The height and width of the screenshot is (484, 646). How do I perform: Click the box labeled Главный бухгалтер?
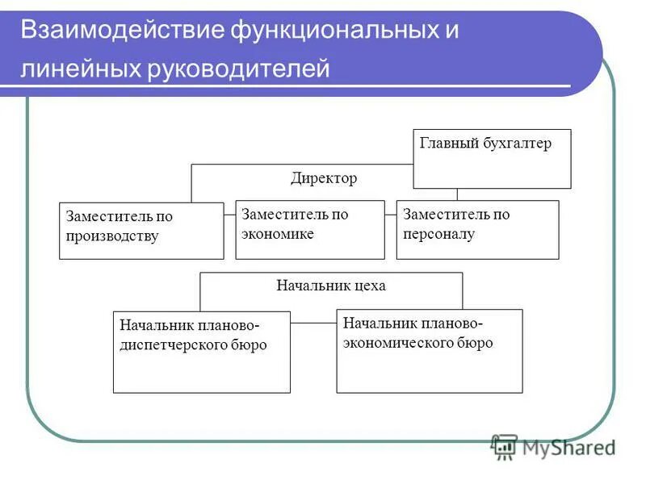point(492,159)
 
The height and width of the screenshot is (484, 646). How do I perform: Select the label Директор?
point(323,178)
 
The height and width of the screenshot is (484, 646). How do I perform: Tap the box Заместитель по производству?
point(141,231)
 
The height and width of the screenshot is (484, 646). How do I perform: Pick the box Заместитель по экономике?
point(309,230)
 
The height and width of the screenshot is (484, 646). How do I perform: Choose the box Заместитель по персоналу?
point(477,230)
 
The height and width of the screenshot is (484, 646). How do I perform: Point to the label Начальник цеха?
point(331,286)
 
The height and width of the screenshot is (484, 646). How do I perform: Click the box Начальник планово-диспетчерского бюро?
point(201,352)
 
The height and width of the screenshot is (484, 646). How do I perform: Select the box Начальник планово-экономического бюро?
point(429,351)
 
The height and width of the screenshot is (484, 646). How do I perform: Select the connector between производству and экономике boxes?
point(229,214)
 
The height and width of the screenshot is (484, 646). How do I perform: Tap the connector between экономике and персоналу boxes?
point(391,214)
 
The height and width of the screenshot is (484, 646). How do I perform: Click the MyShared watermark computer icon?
point(505,446)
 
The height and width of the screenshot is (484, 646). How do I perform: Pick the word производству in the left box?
point(112,237)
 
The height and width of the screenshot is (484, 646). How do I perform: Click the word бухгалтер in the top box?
point(517,144)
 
